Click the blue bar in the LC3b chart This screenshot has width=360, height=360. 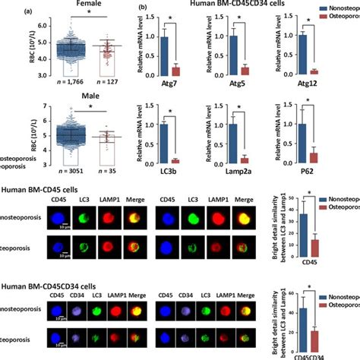click(163, 141)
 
